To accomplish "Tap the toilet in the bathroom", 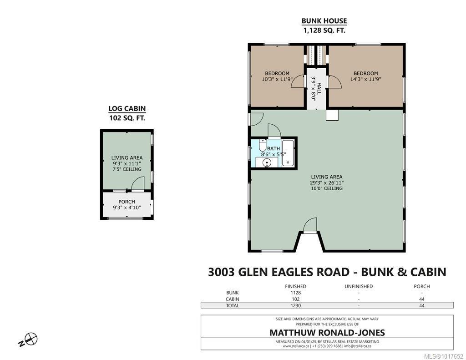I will point(263,146).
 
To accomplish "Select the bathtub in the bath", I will point(288,153).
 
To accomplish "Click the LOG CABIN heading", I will point(127,108).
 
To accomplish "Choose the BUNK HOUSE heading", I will point(324,21).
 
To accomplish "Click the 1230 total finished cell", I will point(295,306).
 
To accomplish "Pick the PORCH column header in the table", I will point(422,286).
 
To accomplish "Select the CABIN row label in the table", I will point(232,299).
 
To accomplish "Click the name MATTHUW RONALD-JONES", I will point(327,333).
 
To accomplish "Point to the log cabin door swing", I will point(138,184).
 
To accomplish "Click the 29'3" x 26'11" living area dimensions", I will point(327,183).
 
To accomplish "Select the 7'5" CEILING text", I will point(127,169).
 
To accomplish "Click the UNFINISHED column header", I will point(358,286).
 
